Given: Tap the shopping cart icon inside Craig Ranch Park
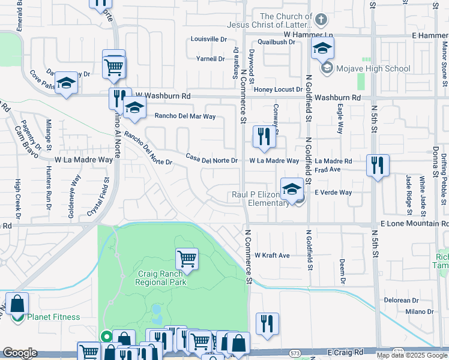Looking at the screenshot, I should (x=187, y=259).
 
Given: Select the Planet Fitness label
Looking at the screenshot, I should (x=53, y=317).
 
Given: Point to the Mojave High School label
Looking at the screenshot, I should (x=373, y=68).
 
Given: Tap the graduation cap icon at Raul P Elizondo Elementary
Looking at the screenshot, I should (x=292, y=188).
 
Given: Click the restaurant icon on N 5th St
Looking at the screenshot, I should (x=378, y=165).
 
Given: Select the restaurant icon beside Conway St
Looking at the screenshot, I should (x=264, y=136).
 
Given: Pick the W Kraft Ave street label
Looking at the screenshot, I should (x=273, y=256).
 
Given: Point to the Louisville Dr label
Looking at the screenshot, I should (x=208, y=39).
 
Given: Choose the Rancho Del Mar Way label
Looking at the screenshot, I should (x=185, y=116).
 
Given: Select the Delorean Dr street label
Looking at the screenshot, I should (x=401, y=300).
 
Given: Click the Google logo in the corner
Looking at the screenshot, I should (x=20, y=353).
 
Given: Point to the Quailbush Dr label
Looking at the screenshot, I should (x=277, y=42).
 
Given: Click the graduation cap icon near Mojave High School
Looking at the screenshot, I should (x=322, y=49).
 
